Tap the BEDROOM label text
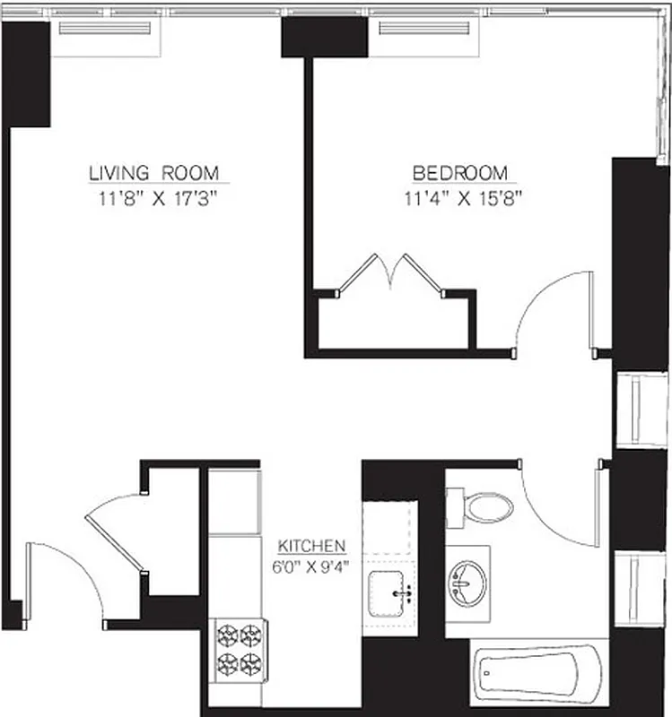coord(459,172)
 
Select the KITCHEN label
coord(311,546)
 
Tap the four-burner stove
coord(238,650)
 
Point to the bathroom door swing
coord(561,506)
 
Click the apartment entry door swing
coord(63,578)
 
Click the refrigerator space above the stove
coord(234,502)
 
